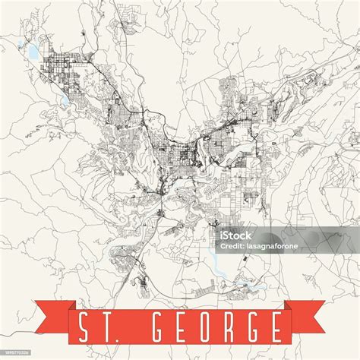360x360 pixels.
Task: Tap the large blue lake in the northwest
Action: tap(33, 52)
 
